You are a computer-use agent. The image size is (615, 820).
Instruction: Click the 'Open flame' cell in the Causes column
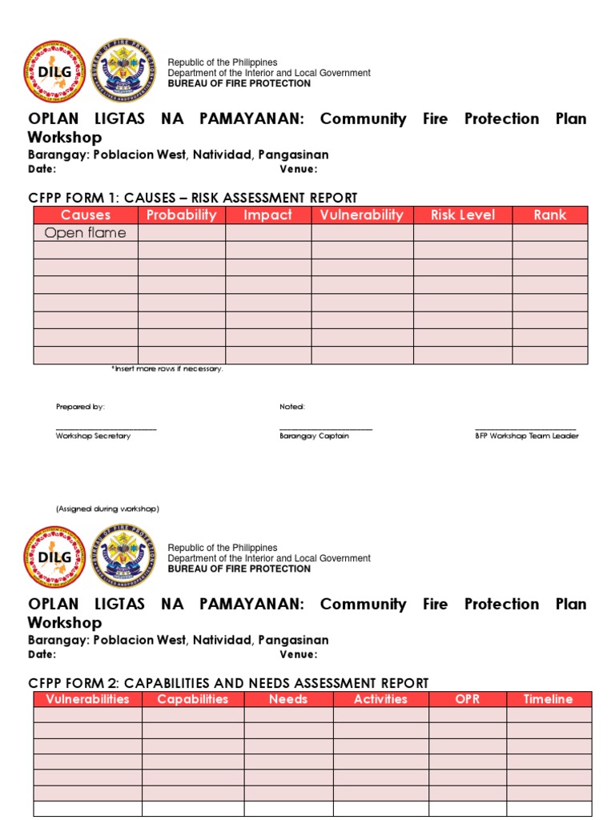85,233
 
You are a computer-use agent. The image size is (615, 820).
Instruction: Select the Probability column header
182,215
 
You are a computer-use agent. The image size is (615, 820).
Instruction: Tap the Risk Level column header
463,215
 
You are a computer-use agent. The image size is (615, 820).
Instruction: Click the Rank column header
550,215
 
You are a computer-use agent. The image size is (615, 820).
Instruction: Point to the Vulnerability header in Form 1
362,215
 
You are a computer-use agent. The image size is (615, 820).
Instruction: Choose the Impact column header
268,215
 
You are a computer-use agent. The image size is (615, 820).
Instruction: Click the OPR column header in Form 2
468,699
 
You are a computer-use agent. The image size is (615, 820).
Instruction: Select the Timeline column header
549,699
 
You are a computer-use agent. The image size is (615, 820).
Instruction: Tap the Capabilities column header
193,699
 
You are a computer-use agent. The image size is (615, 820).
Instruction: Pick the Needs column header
288,699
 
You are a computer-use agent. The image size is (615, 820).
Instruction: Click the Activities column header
381,699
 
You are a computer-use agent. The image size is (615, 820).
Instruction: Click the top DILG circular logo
54,73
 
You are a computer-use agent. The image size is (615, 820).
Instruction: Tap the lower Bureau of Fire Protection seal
123,557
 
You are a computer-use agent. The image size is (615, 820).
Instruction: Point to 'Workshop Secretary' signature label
93,436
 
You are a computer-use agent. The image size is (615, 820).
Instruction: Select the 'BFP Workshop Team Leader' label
526,436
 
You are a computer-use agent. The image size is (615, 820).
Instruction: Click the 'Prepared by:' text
80,407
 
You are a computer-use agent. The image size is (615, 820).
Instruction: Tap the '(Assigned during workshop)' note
107,508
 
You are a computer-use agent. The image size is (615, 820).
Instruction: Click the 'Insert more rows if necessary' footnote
167,369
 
